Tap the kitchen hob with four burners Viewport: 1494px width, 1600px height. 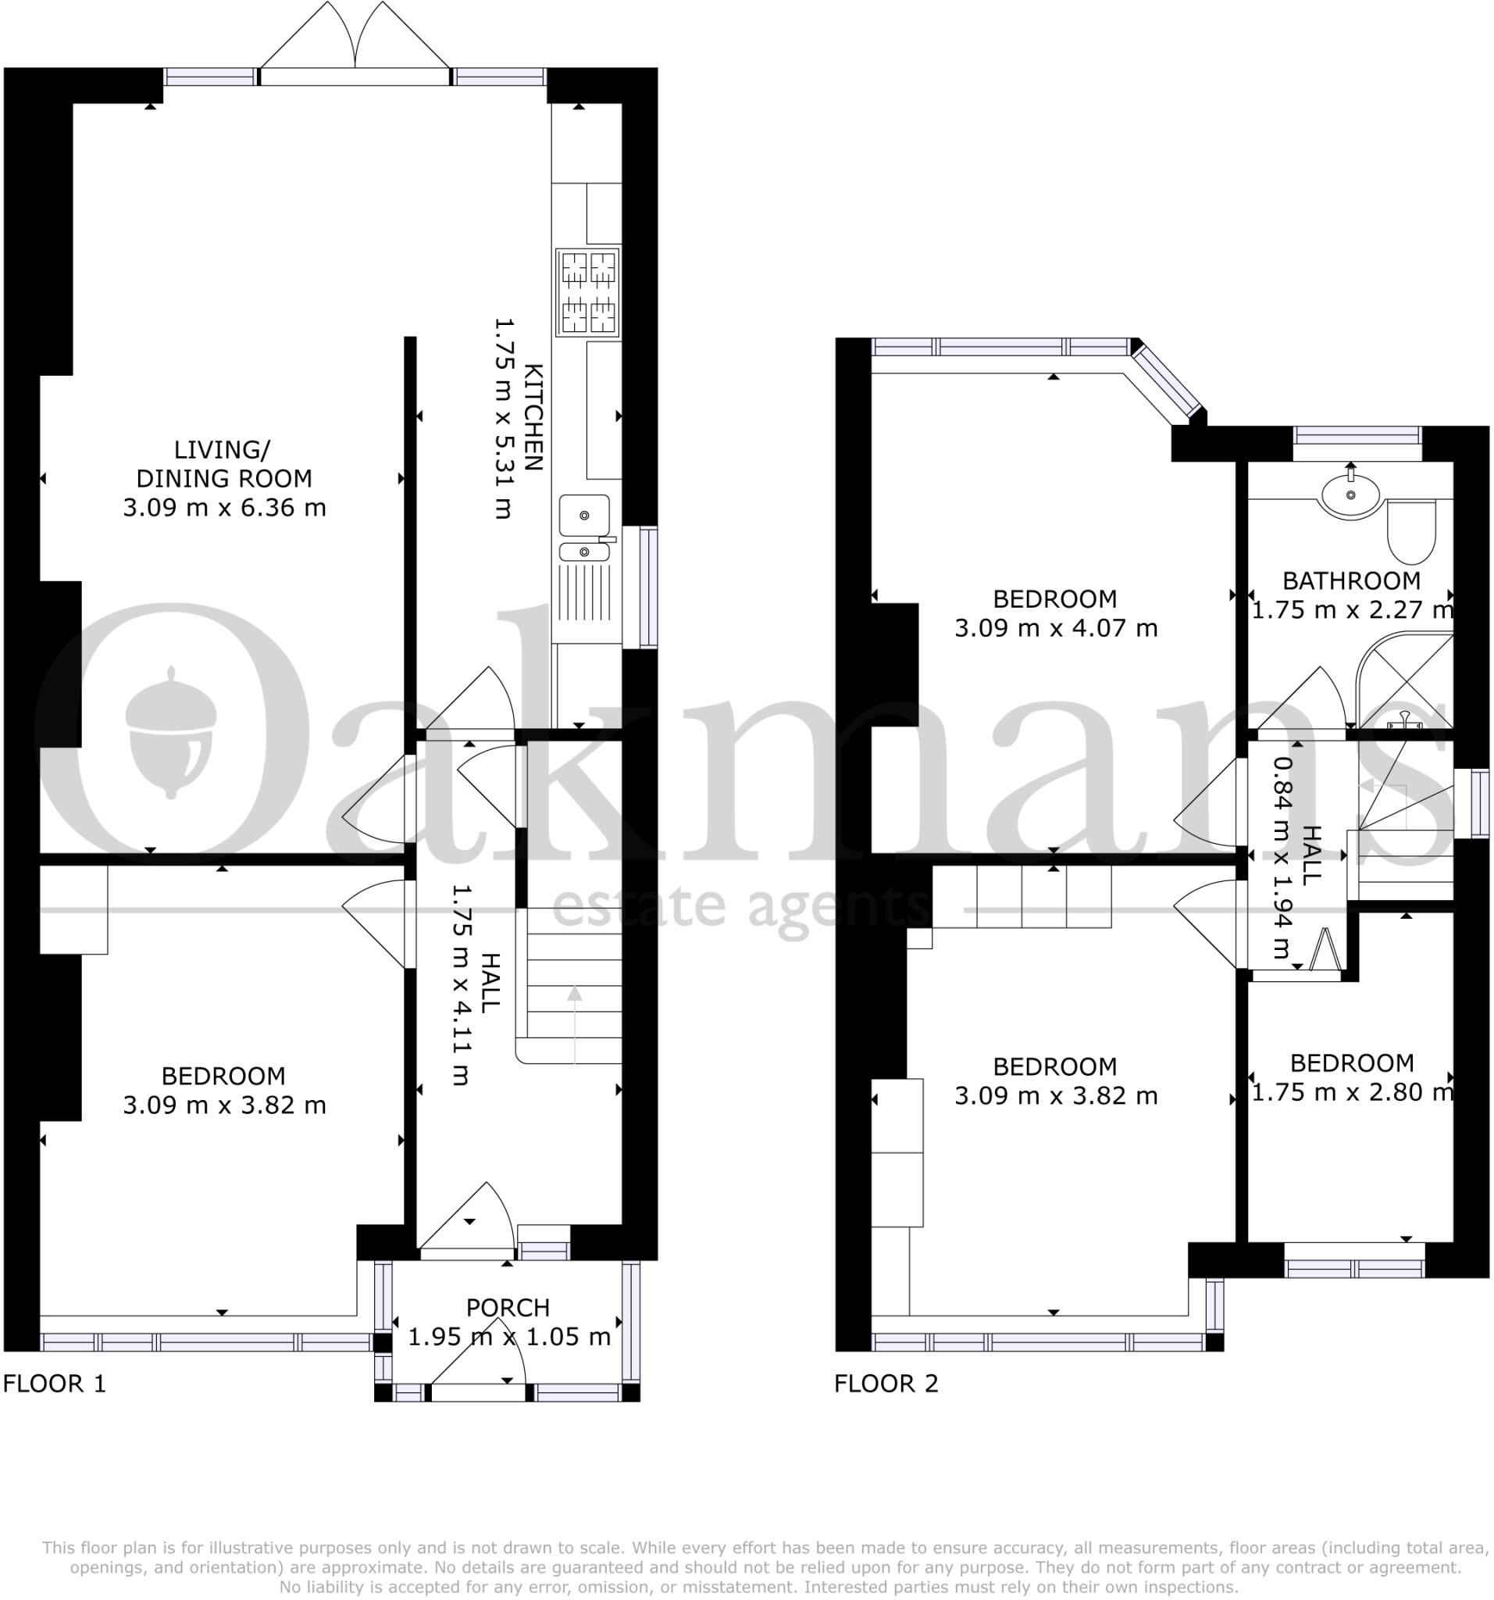pyautogui.click(x=587, y=292)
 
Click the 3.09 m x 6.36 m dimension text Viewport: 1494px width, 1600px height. pyautogui.click(x=224, y=508)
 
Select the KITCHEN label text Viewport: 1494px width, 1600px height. pyautogui.click(x=533, y=417)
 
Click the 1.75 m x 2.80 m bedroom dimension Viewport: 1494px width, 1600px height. pyautogui.click(x=1352, y=1092)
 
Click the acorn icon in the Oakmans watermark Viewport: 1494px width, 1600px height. pyautogui.click(x=170, y=730)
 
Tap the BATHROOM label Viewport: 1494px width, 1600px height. pyautogui.click(x=1351, y=580)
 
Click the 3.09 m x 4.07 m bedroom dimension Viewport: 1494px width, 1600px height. pyautogui.click(x=1056, y=628)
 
